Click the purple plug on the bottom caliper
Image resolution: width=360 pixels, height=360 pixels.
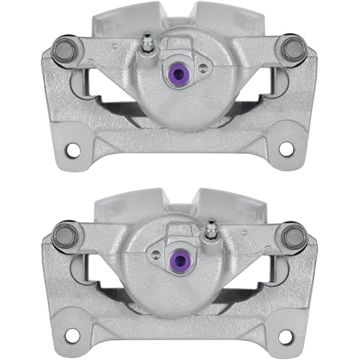coord(178,260)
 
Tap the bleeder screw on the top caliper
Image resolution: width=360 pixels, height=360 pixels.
coord(146,43)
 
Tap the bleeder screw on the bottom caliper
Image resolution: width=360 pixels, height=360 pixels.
coord(211,229)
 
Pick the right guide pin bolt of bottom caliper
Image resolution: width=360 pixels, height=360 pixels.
coord(294,236)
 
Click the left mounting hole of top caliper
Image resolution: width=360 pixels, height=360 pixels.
coord(73,149)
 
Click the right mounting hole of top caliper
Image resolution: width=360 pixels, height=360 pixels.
coord(286,149)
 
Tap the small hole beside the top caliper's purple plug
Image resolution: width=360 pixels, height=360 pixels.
coord(203,68)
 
